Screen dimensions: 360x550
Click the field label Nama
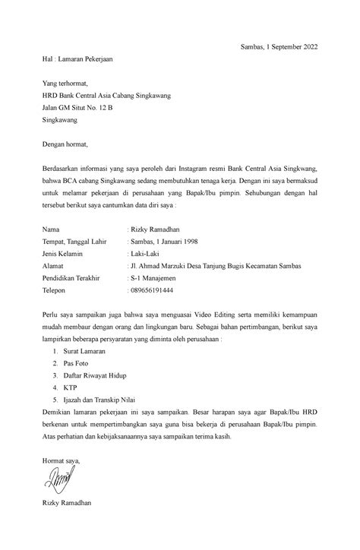click(x=51, y=228)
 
